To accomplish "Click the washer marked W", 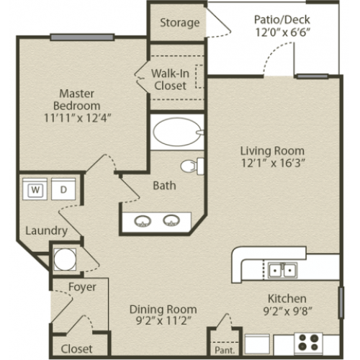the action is click(35, 189).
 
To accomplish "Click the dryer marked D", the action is click(63, 189).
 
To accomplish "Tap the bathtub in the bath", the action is click(177, 132).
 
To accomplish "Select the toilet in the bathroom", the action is click(192, 166).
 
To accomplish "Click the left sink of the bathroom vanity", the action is click(143, 221).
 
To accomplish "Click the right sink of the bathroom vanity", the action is click(171, 220).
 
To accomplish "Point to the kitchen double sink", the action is click(282, 270).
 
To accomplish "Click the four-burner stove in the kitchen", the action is click(309, 342).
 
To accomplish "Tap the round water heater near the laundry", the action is click(65, 259).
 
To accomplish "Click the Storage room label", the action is click(180, 23).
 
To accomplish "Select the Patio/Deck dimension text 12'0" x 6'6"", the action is click(282, 32).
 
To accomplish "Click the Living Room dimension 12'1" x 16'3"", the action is click(273, 163).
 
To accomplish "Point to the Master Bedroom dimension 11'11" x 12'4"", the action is click(78, 118).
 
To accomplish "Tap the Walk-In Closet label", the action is click(171, 80).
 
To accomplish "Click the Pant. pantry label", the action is click(225, 350).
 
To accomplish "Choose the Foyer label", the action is click(82, 287).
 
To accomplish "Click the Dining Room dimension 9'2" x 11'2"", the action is click(163, 320).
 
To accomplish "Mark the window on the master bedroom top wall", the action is click(82, 37).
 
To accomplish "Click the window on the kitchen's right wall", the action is click(341, 302).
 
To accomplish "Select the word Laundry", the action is click(46, 231).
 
